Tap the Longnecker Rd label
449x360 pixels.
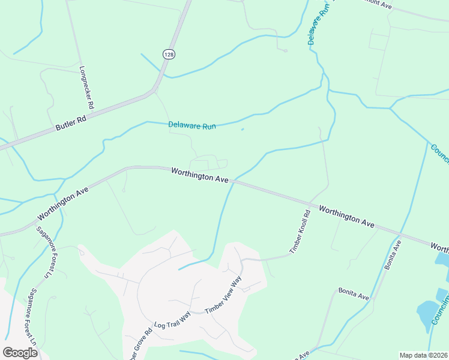coord(87,87)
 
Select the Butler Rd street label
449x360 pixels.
coord(71,123)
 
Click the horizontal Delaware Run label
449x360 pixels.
coord(191,126)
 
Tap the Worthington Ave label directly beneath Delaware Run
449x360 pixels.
coord(200,175)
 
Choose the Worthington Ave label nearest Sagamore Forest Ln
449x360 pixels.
coord(63,203)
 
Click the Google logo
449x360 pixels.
coord(20,353)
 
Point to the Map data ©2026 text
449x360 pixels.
coord(424,355)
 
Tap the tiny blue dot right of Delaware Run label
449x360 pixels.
coord(243,128)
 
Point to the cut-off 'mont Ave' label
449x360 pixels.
coord(376,5)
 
